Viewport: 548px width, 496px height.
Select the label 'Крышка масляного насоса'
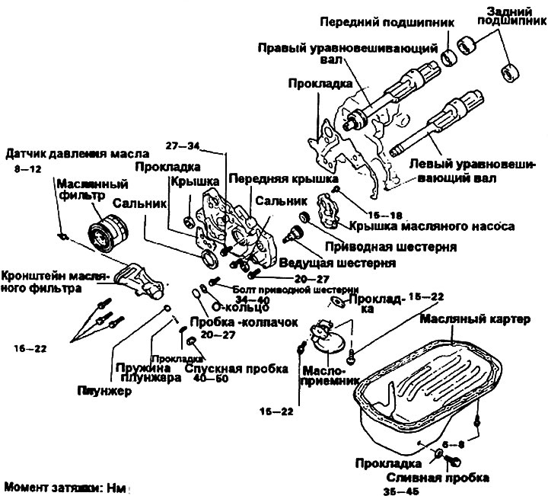(432, 226)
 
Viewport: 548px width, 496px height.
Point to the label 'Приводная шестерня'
(390, 248)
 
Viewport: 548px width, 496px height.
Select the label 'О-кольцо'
(240, 307)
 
